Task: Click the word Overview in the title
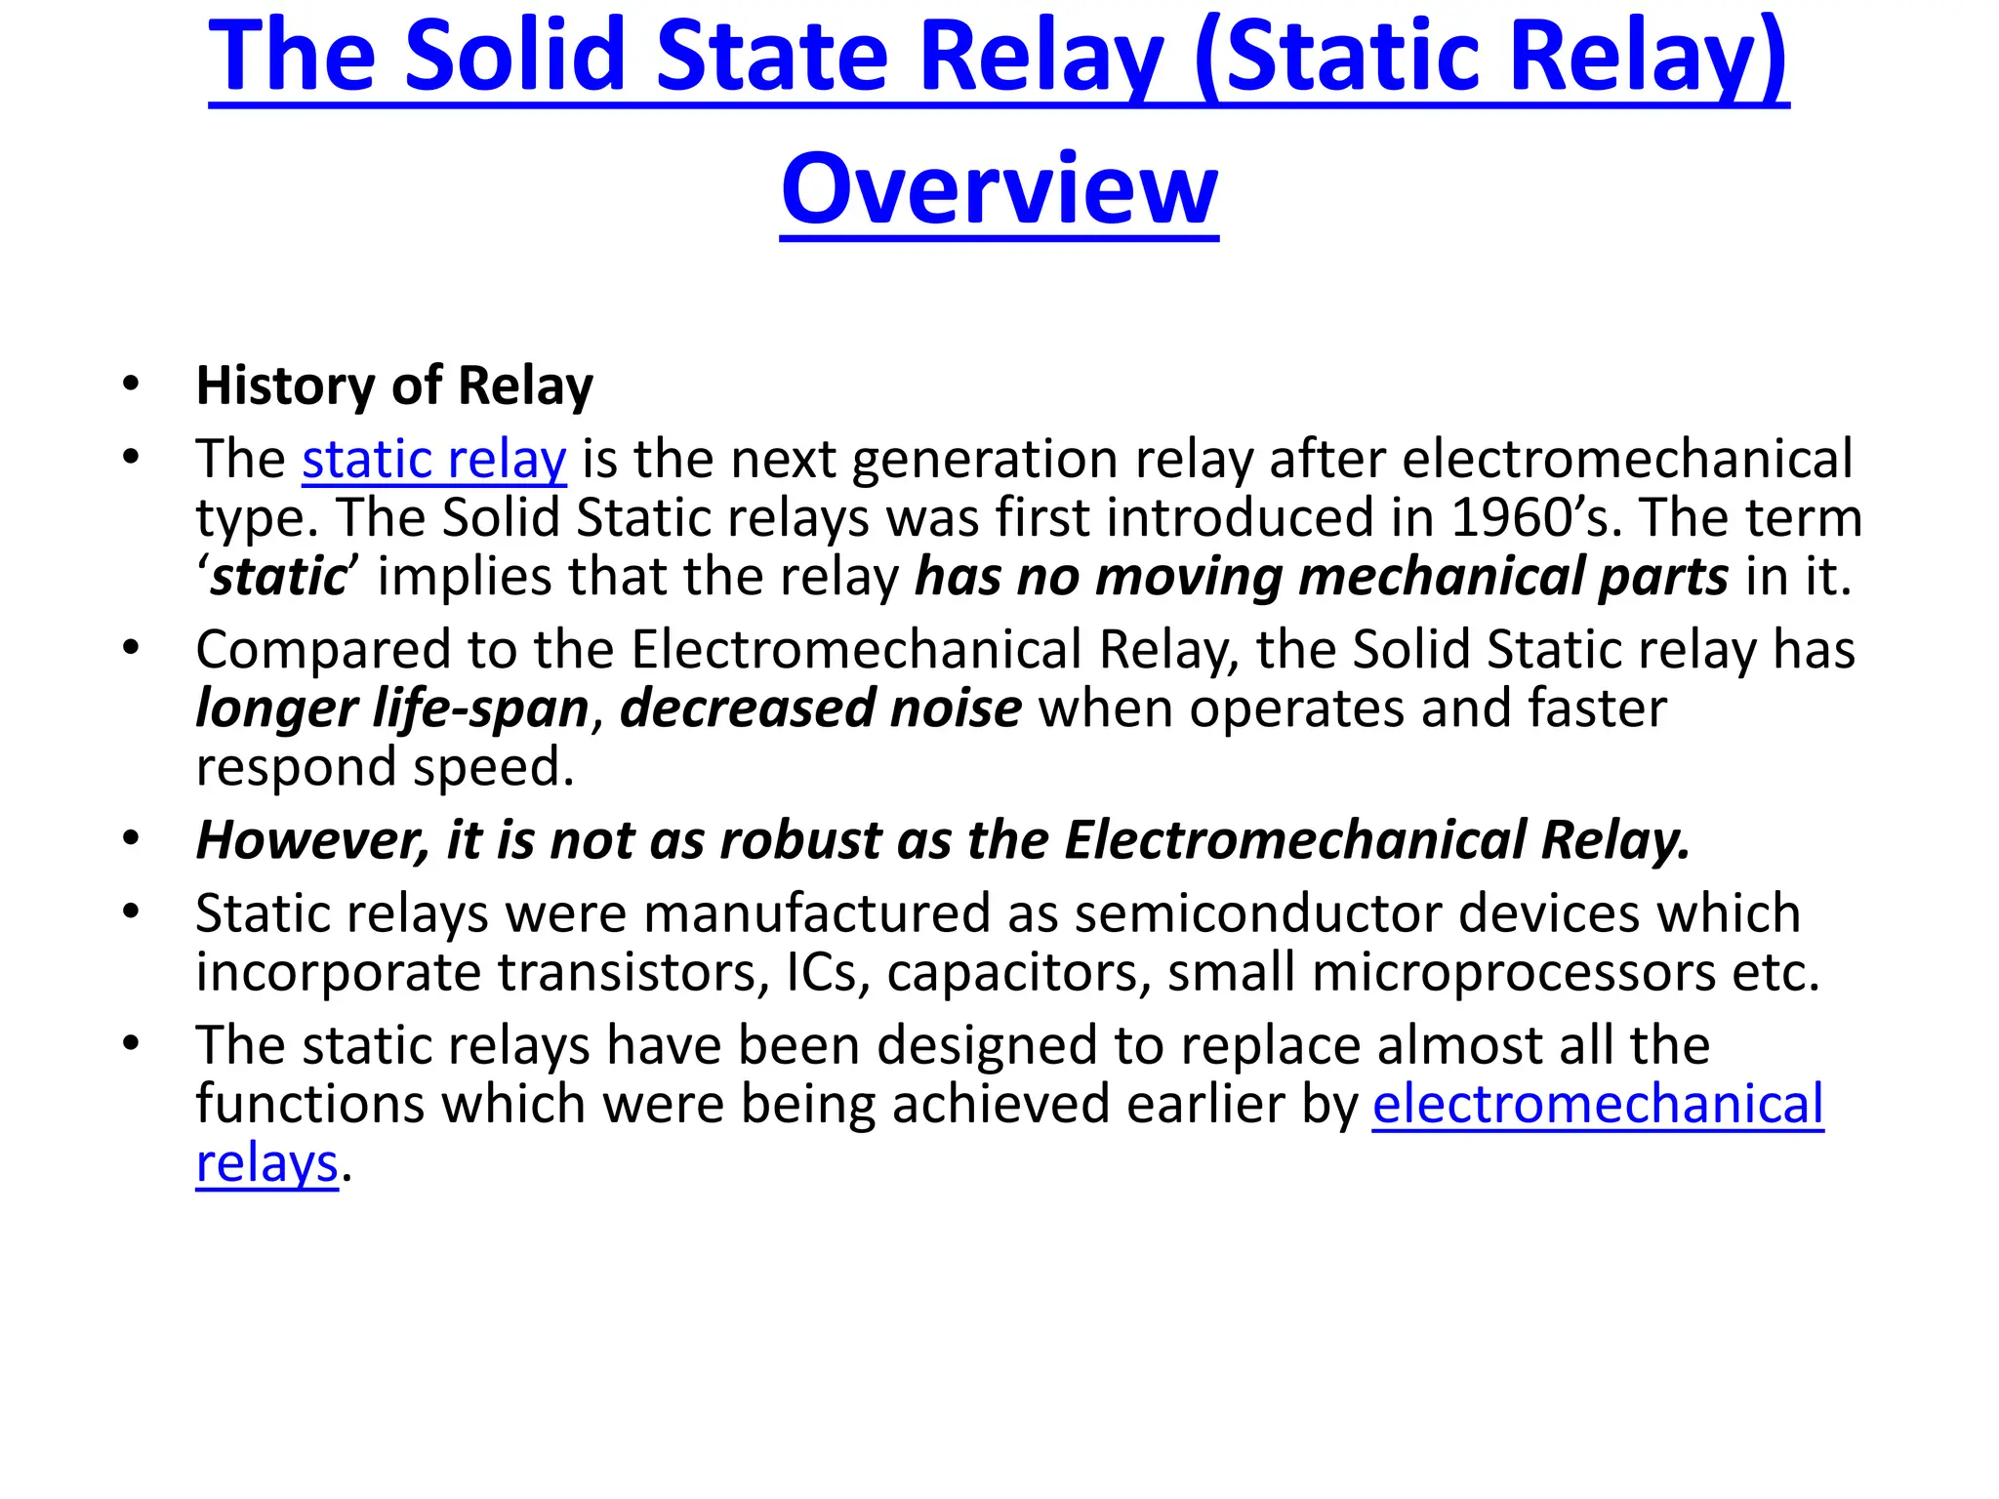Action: (x=999, y=188)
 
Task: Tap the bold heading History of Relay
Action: (x=394, y=385)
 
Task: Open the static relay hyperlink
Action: (x=433, y=460)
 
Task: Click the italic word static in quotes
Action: (x=278, y=577)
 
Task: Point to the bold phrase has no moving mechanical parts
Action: (x=1322, y=577)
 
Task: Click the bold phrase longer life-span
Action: (x=392, y=709)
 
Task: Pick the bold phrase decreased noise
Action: (x=821, y=709)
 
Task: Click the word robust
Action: (x=800, y=840)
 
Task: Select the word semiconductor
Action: (x=1251, y=913)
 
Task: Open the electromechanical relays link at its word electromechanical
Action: (x=1598, y=1105)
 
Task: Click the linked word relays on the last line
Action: (x=266, y=1163)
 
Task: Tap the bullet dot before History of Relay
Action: (x=131, y=384)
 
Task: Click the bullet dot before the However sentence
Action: (x=131, y=838)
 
